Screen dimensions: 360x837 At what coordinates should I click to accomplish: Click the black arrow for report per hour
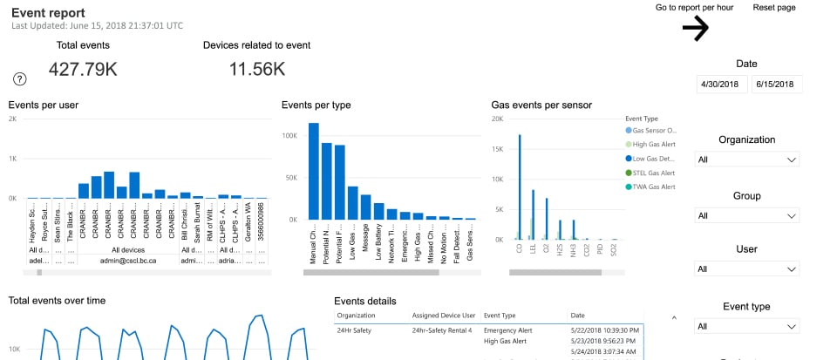tap(695, 29)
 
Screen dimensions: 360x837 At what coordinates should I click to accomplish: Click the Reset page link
tap(774, 8)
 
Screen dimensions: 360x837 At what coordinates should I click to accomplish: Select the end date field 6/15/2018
tap(776, 85)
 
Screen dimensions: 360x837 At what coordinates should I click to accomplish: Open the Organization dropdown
tap(747, 160)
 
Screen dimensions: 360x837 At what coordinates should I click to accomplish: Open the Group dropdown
tap(747, 215)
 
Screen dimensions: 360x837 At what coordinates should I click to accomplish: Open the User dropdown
tap(747, 270)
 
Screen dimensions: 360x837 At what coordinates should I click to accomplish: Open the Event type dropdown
tap(747, 326)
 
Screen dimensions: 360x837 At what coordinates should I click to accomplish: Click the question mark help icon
tap(20, 79)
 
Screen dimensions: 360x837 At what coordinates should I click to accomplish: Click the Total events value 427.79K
tap(83, 69)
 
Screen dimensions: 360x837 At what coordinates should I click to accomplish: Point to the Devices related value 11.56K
tap(257, 69)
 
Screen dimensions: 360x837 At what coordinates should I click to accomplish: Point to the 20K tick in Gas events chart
tap(497, 119)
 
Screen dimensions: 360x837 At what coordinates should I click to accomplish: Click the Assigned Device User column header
tap(442, 315)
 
